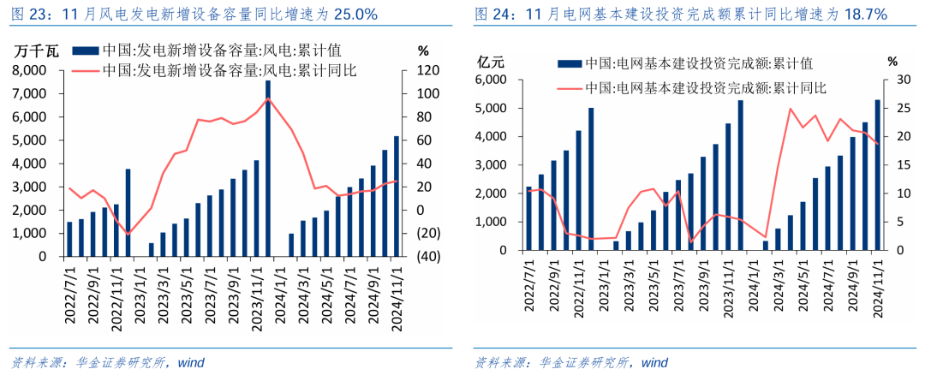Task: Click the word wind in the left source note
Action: [191, 362]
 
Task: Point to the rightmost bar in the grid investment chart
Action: [877, 175]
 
